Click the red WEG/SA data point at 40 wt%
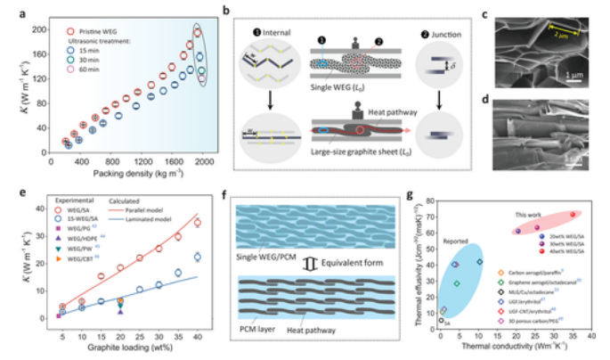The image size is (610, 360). (197, 223)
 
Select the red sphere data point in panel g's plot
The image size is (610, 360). (573, 215)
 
